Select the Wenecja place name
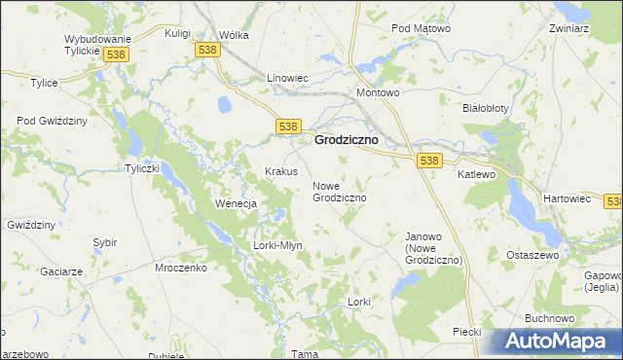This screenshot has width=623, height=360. pos(235,204)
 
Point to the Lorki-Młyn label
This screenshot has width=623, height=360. pos(278,245)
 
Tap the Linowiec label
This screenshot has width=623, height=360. pos(287,77)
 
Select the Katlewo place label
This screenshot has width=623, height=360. pos(477,175)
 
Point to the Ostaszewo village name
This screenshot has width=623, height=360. pos(531,254)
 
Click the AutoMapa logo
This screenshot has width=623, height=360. pos(561,342)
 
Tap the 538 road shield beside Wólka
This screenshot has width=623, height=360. pos(206,50)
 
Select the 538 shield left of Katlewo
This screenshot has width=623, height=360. pos(428,159)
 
